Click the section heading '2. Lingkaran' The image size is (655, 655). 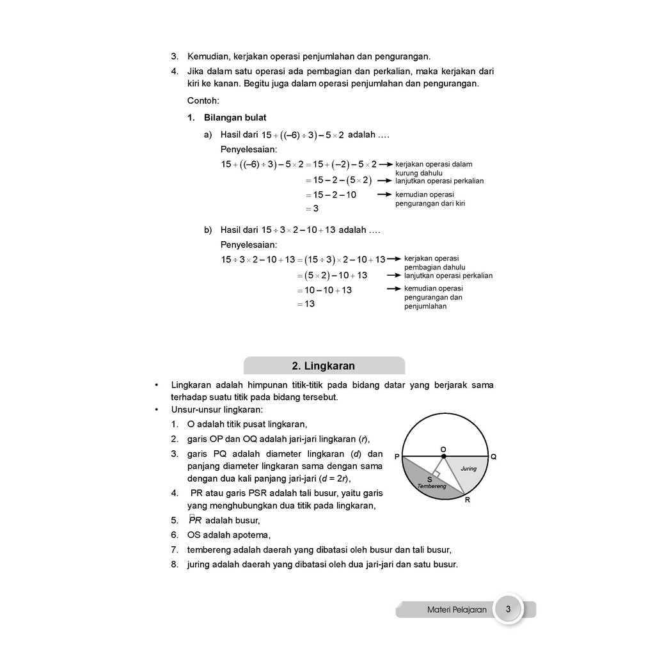point(324,366)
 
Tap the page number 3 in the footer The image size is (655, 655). point(508,609)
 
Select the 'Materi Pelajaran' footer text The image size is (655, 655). point(457,610)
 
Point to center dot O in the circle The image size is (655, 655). point(444,456)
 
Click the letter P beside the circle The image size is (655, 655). point(397,457)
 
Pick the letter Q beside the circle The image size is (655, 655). point(493,457)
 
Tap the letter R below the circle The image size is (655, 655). point(468,500)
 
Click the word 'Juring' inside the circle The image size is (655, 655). point(469,468)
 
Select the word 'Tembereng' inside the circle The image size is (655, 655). point(432,487)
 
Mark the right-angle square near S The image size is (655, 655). point(436,473)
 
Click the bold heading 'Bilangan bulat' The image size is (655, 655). point(235,118)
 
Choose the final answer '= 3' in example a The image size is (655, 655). point(312,209)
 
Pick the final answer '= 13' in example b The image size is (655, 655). point(306,304)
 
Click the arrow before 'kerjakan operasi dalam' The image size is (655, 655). point(386,164)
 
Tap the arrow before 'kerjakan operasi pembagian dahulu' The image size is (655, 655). point(395,259)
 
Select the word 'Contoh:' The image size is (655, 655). point(203,101)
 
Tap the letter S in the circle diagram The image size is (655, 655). point(429,479)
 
